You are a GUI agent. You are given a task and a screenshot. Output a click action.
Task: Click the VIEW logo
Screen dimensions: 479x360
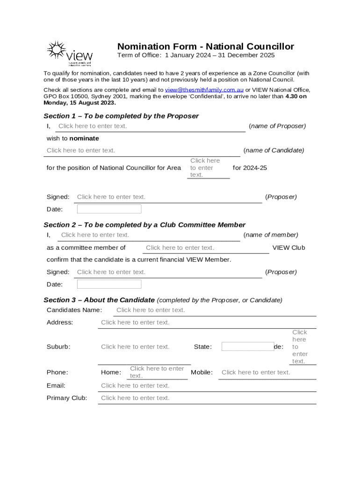click(69, 53)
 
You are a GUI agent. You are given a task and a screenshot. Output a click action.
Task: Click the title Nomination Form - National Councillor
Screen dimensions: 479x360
click(205, 46)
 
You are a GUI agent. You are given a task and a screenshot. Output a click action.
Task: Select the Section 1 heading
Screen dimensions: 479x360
click(121, 116)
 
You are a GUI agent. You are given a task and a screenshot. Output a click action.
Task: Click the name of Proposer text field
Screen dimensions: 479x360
click(150, 126)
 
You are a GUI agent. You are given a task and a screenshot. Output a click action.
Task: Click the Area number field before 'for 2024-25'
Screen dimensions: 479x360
click(208, 168)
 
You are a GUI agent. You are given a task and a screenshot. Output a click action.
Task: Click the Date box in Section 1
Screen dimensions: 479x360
click(109, 209)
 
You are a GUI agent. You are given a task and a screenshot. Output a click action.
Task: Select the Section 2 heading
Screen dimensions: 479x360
click(144, 225)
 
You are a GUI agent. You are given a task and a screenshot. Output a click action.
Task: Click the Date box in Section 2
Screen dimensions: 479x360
click(109, 284)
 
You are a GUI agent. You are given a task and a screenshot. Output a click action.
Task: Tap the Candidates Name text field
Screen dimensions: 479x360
click(214, 310)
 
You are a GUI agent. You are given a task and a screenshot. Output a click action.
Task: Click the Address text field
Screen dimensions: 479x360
click(207, 322)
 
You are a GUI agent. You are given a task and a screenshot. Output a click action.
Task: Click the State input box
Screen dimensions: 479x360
click(247, 347)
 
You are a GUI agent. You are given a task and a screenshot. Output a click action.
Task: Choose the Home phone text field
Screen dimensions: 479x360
click(157, 372)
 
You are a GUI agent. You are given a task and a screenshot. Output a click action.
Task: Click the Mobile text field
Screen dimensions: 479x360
click(266, 372)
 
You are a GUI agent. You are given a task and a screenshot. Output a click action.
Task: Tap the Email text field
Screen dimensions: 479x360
click(207, 385)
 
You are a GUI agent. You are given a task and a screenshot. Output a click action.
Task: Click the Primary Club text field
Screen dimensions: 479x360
click(207, 398)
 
